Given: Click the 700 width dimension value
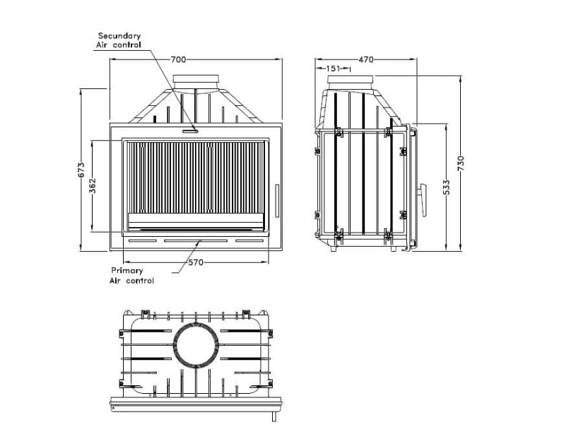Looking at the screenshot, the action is (x=178, y=59).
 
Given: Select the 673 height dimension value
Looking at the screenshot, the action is (x=82, y=170).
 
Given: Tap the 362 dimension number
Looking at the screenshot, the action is (x=93, y=186).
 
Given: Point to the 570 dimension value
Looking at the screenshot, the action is (x=196, y=262).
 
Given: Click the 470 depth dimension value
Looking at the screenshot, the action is (x=366, y=59).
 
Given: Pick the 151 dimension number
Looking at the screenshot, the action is (x=333, y=69).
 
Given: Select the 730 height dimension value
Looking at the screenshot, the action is (x=462, y=163).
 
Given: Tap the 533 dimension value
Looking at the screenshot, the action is (x=447, y=187).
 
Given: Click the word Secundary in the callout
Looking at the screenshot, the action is (x=119, y=35).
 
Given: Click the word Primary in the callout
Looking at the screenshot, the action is (x=127, y=271).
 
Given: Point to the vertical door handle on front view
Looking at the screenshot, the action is (x=277, y=201).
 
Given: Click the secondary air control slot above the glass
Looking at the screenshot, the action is (x=190, y=132).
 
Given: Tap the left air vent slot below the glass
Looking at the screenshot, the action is (x=143, y=240).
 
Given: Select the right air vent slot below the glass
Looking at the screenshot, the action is (x=249, y=240).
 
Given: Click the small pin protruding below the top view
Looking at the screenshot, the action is (x=274, y=416).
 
